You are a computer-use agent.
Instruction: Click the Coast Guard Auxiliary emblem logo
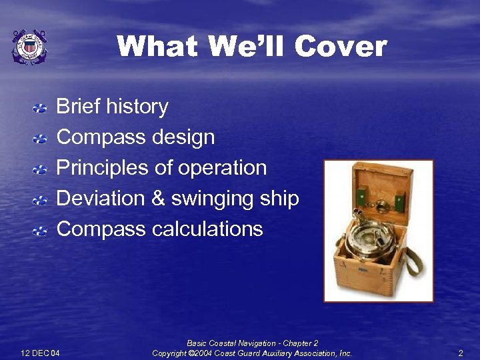[x=29, y=47]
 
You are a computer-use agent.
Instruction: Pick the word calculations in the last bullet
[x=207, y=229]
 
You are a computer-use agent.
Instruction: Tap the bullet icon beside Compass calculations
[x=41, y=231]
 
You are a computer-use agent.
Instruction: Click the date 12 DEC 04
[x=40, y=353]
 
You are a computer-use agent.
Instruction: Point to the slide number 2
[x=460, y=353]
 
